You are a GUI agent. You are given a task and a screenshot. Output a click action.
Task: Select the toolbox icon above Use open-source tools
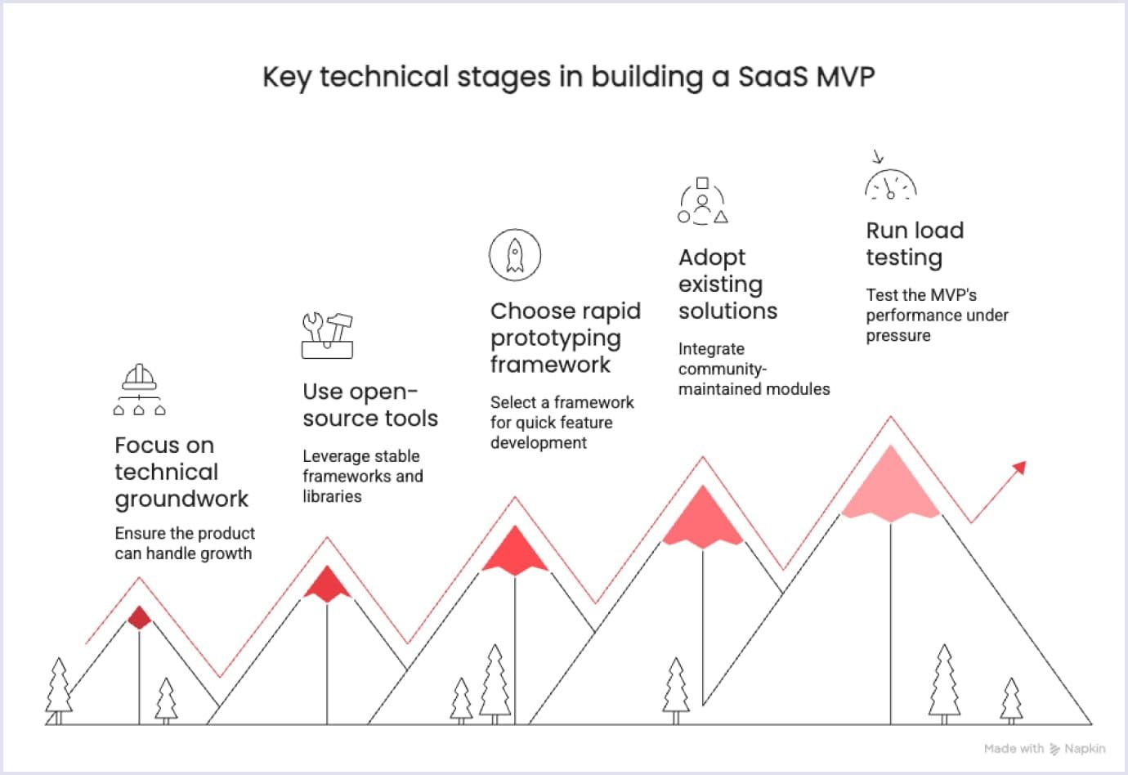pos(327,335)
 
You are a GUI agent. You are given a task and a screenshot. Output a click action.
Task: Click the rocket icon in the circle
pos(515,255)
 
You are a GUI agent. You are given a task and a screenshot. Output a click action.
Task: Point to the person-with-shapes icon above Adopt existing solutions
pos(702,202)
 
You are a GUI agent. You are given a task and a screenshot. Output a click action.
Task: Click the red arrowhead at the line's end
pos(1018,468)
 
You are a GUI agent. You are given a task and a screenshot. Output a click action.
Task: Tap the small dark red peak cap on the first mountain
pos(140,617)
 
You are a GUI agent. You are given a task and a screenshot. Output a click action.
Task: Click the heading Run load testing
pos(915,244)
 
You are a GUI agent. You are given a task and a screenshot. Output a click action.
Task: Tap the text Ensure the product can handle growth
pos(185,544)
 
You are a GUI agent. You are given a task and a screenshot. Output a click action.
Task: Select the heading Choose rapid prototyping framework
pos(566,338)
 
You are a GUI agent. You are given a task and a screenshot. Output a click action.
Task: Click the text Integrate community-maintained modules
pos(754,369)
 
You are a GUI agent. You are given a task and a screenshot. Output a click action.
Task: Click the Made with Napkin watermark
pos(1044,748)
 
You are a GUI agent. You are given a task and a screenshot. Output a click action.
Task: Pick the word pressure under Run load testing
pos(898,336)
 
